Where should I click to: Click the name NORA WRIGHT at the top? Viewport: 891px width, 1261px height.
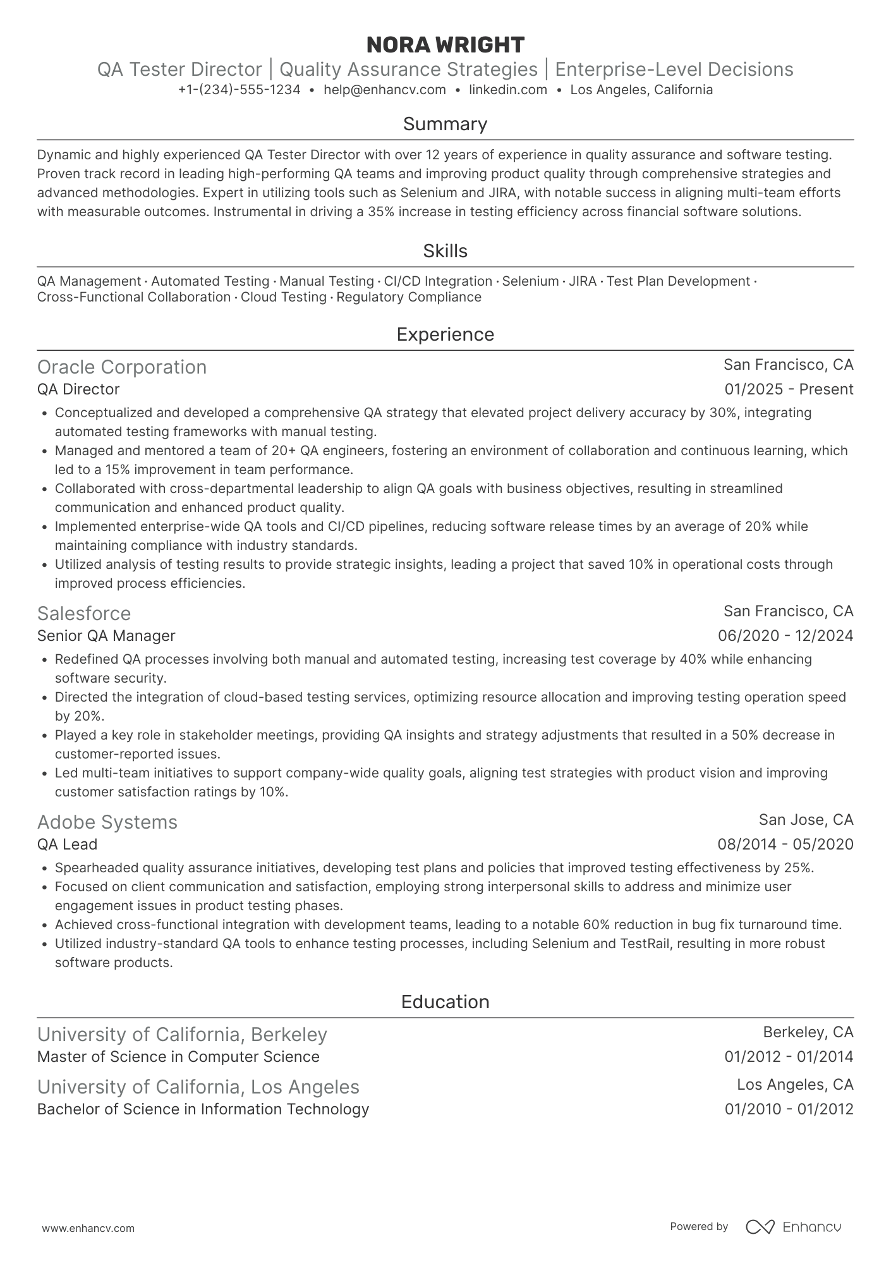[445, 45]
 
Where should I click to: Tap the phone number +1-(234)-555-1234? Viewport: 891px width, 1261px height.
[239, 90]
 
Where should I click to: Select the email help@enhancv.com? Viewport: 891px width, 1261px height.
[384, 90]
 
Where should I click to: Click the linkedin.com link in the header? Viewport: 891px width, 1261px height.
[508, 90]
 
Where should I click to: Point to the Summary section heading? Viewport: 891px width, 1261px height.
[445, 124]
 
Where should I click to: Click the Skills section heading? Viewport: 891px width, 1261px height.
[445, 251]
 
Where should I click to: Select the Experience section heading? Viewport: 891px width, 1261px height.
[445, 334]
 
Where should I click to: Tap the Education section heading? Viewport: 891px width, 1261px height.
[445, 1002]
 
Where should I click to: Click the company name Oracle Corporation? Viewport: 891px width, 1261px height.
[122, 367]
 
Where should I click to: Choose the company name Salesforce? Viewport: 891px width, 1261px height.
[84, 614]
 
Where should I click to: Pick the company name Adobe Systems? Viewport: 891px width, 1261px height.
[107, 822]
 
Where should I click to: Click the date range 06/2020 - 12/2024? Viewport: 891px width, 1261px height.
[785, 636]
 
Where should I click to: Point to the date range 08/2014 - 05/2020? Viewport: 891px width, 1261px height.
[785, 844]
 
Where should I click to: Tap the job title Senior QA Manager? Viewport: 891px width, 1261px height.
[106, 636]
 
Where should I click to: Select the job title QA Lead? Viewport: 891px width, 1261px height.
[67, 844]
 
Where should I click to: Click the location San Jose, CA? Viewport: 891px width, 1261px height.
[806, 820]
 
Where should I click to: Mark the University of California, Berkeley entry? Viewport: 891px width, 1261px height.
[182, 1035]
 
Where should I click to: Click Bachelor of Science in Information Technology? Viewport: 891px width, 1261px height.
[203, 1109]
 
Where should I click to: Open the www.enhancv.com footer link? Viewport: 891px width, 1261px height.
[88, 1229]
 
